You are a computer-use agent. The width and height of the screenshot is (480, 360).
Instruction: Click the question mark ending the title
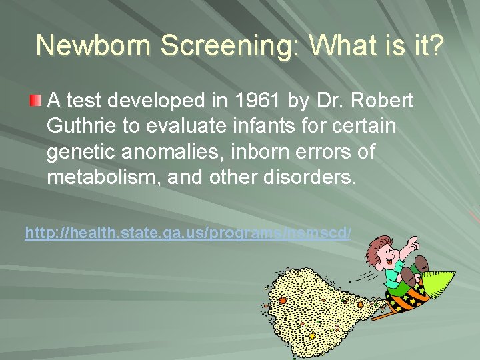click(433, 45)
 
